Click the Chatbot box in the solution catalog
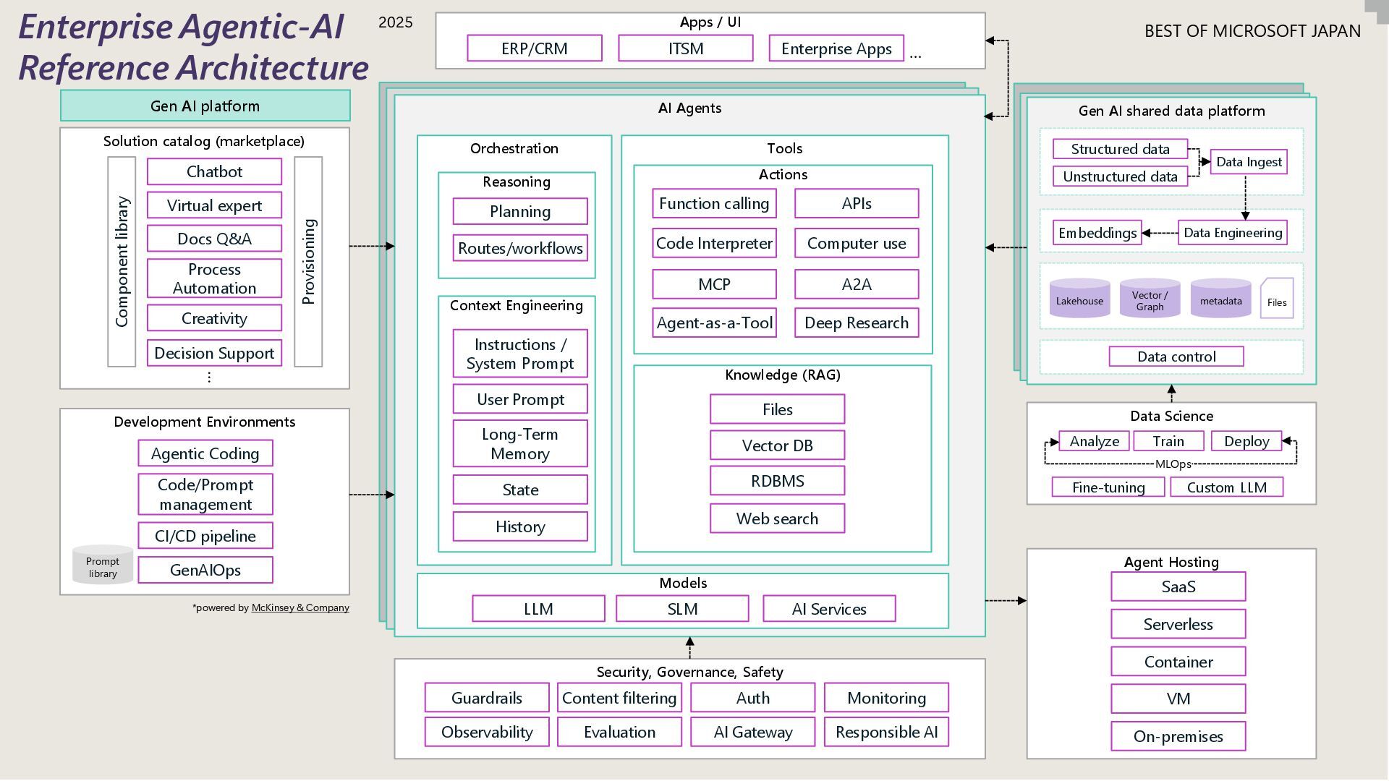(214, 171)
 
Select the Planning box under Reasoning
(519, 211)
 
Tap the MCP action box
(714, 284)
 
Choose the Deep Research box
(857, 323)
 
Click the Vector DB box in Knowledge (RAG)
(777, 445)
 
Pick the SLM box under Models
(682, 609)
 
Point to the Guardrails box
(486, 698)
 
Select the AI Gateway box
(752, 732)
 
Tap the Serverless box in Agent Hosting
(1178, 624)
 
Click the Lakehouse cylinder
(1079, 299)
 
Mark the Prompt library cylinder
(103, 566)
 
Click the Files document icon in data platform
(1276, 299)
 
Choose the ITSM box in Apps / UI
(685, 48)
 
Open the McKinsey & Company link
(300, 607)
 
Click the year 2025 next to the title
(395, 22)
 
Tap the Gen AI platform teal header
(205, 106)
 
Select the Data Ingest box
(1249, 162)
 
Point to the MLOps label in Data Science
(1172, 464)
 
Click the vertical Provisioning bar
(308, 262)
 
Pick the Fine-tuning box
(1108, 487)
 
